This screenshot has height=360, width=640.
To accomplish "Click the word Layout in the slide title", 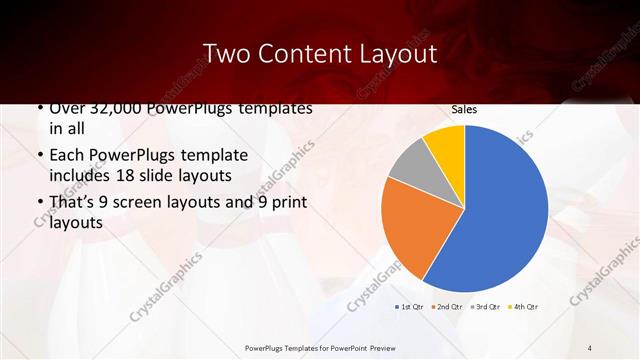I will [392, 53].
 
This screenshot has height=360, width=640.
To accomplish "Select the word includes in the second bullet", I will [83, 176].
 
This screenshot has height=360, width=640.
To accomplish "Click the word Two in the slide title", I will [226, 53].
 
